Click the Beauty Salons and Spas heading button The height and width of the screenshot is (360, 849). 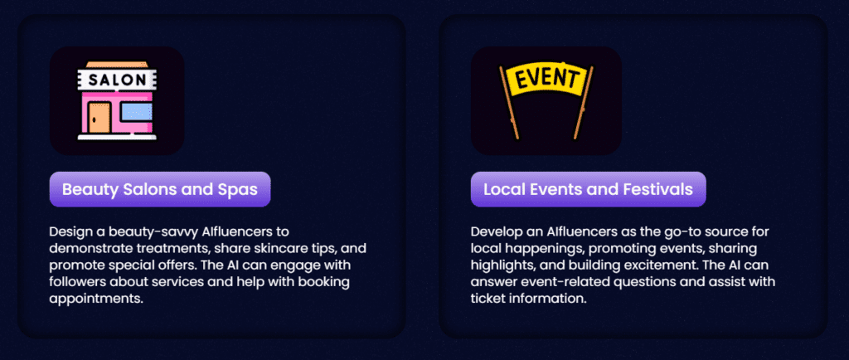click(x=160, y=189)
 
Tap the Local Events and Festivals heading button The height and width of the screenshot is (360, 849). click(x=588, y=189)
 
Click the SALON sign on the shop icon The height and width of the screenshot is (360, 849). click(x=116, y=80)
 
